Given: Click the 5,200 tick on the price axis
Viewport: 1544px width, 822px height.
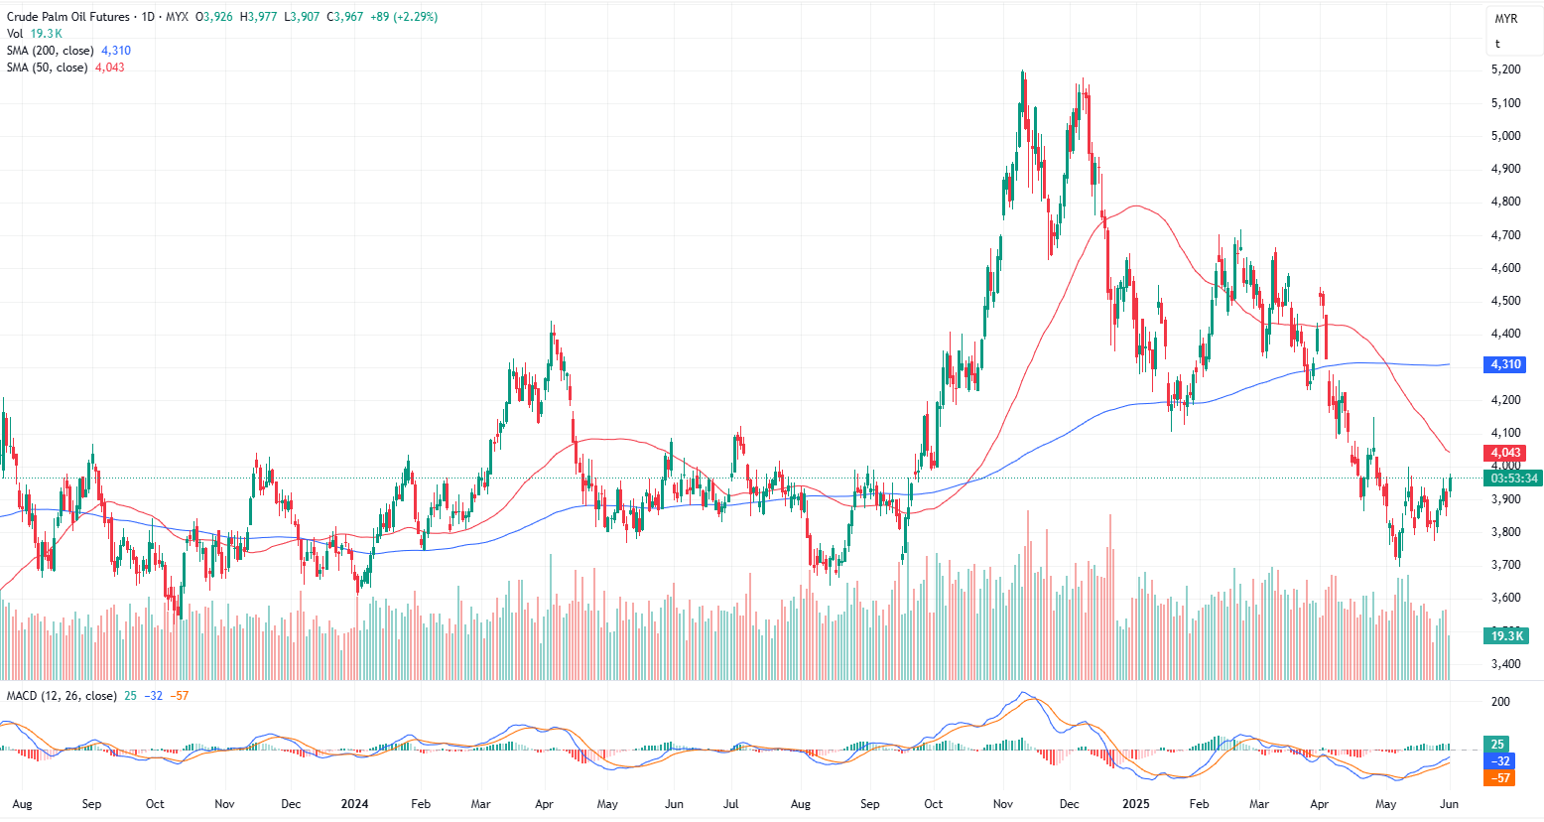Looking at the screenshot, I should tap(1505, 69).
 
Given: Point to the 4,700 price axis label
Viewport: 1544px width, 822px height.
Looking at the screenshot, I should tap(1505, 235).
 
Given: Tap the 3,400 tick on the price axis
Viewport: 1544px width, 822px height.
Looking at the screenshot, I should tap(1505, 664).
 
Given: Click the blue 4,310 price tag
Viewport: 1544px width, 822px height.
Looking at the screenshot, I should tap(1504, 364).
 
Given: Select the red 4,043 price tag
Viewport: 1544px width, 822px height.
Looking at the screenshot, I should tap(1504, 453).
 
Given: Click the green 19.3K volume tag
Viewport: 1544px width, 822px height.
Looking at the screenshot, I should tap(1506, 635).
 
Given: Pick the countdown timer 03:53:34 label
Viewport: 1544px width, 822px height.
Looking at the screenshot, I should tap(1513, 479).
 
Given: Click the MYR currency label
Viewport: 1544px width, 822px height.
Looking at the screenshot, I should tap(1505, 19).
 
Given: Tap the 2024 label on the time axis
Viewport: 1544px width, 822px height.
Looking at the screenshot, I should tap(354, 804).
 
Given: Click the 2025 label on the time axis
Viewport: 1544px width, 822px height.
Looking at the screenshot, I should tap(1135, 804).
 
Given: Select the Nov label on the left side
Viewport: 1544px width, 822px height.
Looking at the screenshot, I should tap(225, 804).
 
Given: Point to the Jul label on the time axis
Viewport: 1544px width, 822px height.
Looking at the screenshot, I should tap(732, 804).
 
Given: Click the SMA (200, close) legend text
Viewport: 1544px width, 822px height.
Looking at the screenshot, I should tap(51, 51).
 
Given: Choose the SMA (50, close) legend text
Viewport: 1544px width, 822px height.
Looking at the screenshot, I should tap(48, 68).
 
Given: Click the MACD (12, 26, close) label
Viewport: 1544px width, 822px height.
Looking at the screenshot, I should tap(62, 696).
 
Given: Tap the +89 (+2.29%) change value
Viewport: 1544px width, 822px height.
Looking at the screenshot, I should tap(402, 17).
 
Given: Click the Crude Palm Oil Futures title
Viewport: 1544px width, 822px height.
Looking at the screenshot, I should tap(68, 17).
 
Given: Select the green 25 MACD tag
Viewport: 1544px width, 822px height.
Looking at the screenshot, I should tap(1497, 745).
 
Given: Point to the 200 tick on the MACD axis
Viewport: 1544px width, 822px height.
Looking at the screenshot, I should tap(1500, 702).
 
